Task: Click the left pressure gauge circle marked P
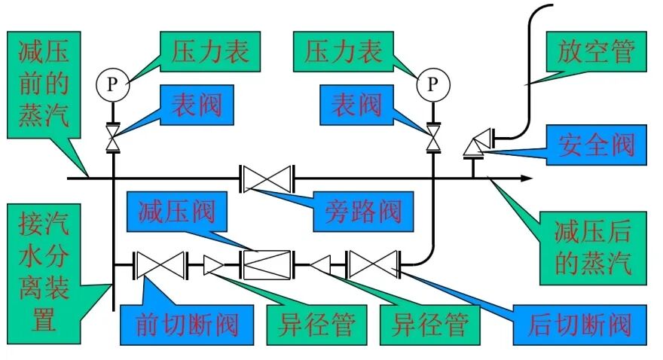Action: [112, 84]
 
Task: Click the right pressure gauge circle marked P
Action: [432, 84]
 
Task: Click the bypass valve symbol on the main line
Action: [267, 179]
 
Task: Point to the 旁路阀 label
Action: [363, 209]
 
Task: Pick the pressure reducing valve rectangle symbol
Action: [266, 264]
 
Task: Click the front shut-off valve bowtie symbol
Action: [160, 264]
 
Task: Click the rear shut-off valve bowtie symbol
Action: [372, 264]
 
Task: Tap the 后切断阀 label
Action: [579, 325]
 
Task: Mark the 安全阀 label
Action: [596, 144]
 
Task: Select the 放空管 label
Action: [596, 52]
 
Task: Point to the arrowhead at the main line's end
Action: [527, 178]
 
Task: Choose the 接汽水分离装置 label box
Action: [44, 270]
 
